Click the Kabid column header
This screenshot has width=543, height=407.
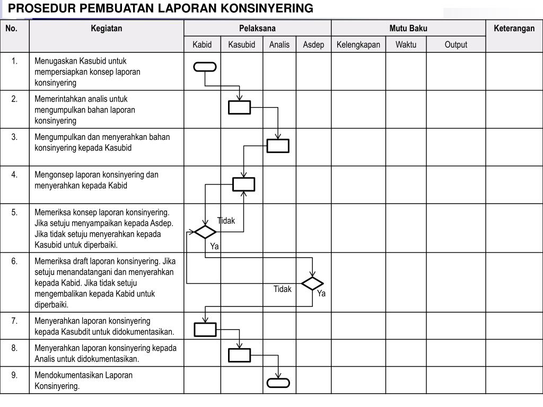click(x=202, y=45)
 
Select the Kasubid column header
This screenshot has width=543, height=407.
click(x=242, y=45)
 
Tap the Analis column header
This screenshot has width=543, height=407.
click(x=279, y=45)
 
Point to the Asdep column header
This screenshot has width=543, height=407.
click(x=313, y=45)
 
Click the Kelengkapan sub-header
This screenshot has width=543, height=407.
click(x=358, y=45)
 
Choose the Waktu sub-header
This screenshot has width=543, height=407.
click(x=406, y=45)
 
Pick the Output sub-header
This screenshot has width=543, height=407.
click(x=456, y=45)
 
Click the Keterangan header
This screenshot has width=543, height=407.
click(x=514, y=29)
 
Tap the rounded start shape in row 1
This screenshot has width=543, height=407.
click(x=205, y=67)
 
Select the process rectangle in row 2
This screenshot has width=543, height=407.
click(x=240, y=107)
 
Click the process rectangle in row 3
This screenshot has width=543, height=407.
click(x=278, y=145)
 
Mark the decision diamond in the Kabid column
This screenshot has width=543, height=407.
click(x=205, y=232)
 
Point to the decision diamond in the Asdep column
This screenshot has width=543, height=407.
click(x=312, y=284)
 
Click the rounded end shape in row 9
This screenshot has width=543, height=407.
click(x=278, y=383)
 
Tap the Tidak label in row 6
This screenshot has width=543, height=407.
click(x=283, y=289)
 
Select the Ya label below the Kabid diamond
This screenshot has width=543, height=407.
click(x=214, y=246)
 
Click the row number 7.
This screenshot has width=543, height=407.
click(x=14, y=321)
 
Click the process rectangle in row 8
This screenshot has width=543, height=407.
click(x=240, y=355)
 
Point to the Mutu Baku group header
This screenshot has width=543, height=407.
click(x=408, y=29)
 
